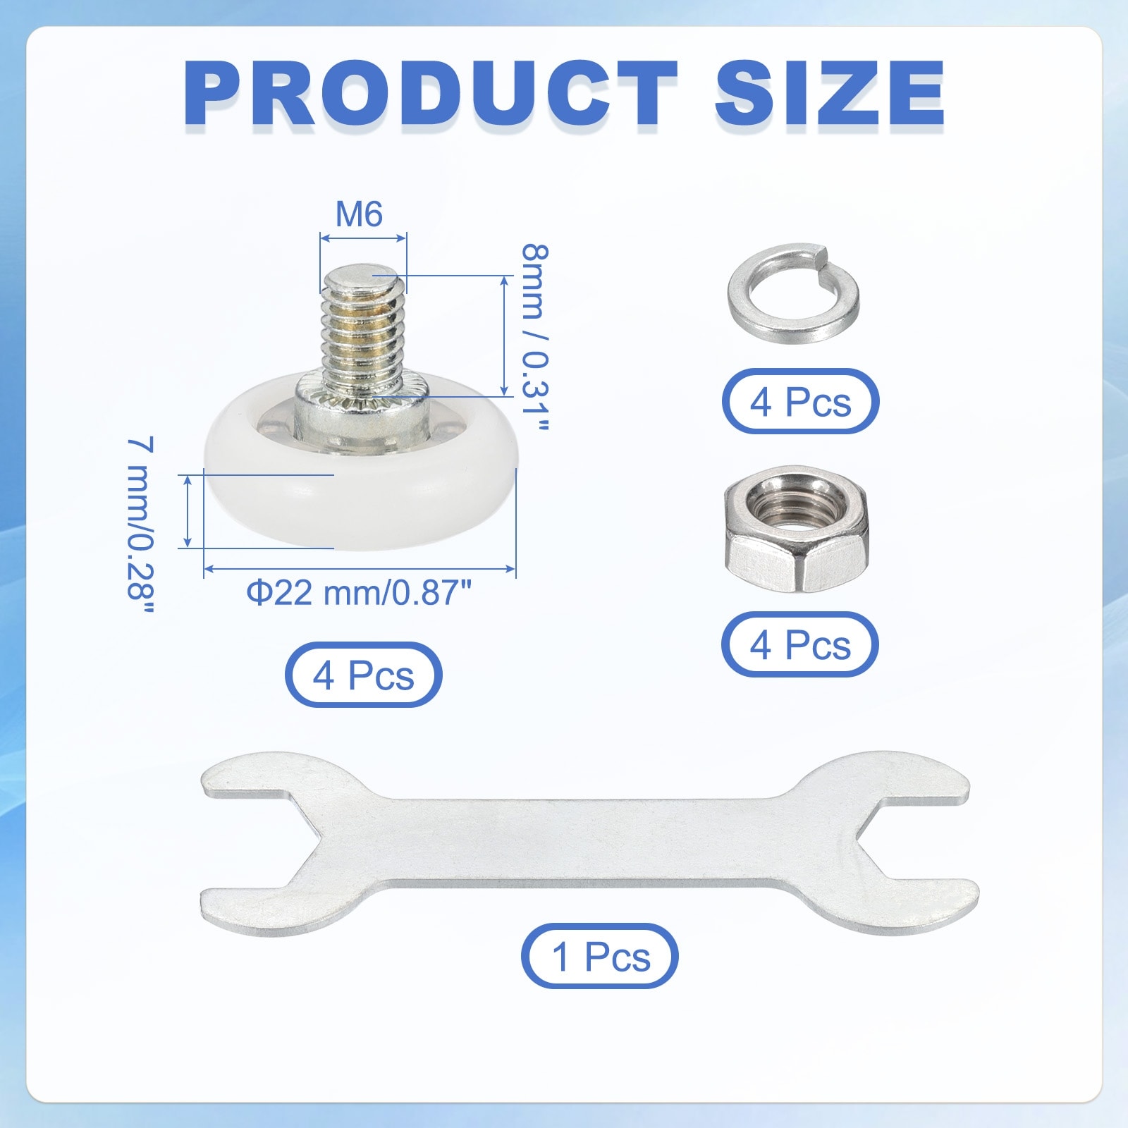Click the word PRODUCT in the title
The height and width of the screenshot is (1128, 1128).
(430, 93)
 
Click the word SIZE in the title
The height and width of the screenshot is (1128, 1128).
(830, 93)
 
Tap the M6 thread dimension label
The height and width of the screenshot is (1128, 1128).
(359, 214)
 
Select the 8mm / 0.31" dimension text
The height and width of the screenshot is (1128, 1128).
(534, 337)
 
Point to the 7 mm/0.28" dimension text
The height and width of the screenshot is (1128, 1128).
(140, 526)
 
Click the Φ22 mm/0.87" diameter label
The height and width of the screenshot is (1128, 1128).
(359, 592)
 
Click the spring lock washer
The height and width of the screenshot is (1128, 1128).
(793, 293)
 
